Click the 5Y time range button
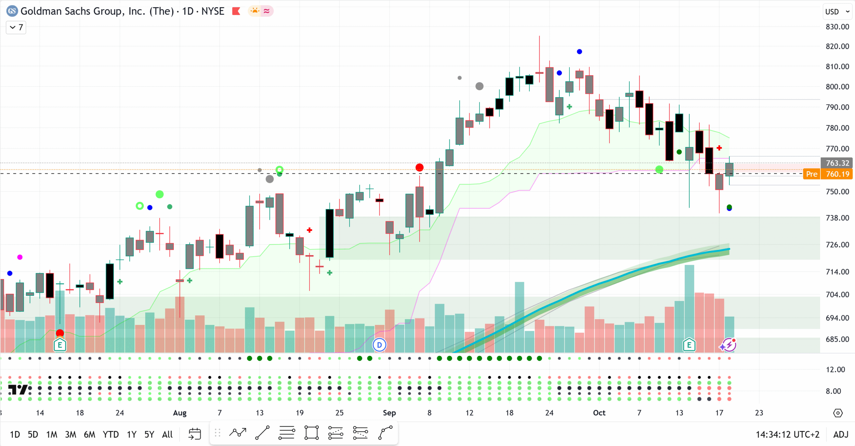tap(149, 434)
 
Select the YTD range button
tap(111, 434)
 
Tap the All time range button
tap(167, 434)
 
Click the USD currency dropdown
tap(837, 12)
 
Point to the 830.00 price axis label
tap(837, 27)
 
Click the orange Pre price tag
tap(812, 174)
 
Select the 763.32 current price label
tap(837, 163)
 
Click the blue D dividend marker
tap(379, 345)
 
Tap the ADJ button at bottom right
tap(841, 434)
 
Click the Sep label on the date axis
tap(389, 413)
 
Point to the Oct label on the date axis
tap(599, 413)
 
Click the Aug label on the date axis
tap(180, 413)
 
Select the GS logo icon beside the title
tap(12, 11)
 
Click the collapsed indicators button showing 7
tap(16, 27)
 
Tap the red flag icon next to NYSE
tap(236, 11)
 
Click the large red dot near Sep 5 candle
tap(419, 168)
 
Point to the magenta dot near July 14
tap(20, 257)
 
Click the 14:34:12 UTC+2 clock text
tap(787, 434)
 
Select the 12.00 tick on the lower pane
tap(835, 369)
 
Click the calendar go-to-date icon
tap(195, 434)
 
